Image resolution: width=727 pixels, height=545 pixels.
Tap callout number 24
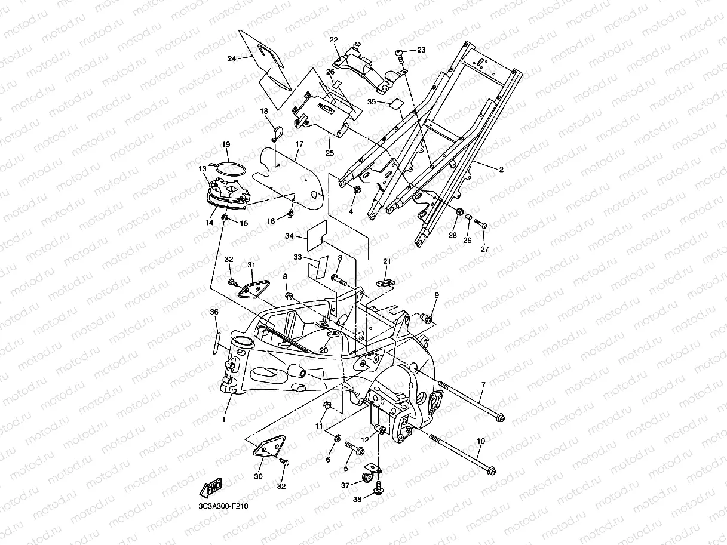click(232, 58)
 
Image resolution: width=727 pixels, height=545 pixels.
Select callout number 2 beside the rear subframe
click(501, 170)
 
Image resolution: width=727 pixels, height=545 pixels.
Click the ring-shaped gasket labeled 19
click(227, 170)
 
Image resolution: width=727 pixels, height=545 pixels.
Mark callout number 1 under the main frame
click(224, 420)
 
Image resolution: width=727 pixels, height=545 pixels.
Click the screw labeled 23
click(401, 56)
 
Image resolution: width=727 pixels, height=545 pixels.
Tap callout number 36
click(214, 312)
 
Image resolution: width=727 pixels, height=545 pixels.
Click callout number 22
click(333, 39)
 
